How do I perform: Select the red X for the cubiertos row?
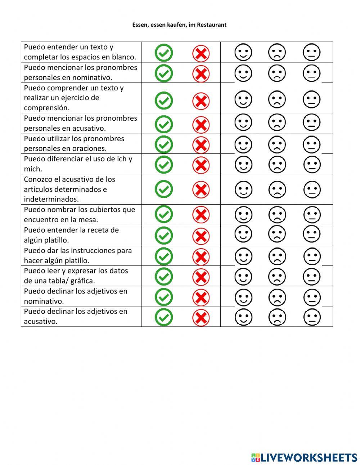(x=201, y=215)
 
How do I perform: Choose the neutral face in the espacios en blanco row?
(x=311, y=53)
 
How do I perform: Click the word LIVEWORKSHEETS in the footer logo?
(x=309, y=457)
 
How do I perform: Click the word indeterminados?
(x=51, y=199)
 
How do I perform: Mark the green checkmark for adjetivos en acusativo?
(x=164, y=317)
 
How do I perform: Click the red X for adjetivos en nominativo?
(x=201, y=298)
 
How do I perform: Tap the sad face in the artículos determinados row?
(x=277, y=189)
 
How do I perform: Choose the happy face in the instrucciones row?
(x=243, y=257)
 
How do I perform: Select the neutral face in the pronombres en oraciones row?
(x=311, y=145)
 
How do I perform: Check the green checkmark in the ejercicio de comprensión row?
(x=164, y=100)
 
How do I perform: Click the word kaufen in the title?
(x=176, y=25)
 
